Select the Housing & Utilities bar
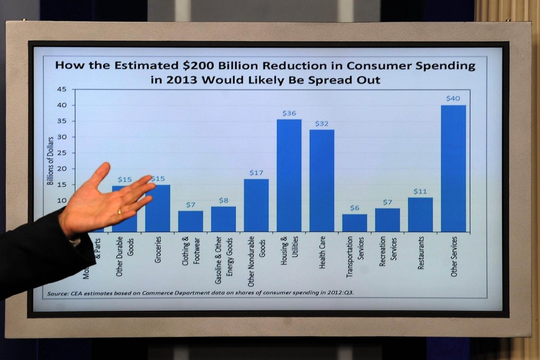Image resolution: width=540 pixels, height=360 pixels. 289,175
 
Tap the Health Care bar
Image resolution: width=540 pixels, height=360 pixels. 322,181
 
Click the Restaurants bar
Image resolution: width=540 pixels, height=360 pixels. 420,214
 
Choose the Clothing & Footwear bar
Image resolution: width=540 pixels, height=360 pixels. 191,221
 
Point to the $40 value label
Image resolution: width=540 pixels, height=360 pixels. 453,98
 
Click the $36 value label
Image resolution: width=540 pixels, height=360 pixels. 289,113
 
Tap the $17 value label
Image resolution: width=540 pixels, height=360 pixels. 256,173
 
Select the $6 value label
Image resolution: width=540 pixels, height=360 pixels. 355,208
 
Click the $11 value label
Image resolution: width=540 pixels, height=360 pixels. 420,191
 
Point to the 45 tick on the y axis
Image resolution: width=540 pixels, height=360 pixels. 62,89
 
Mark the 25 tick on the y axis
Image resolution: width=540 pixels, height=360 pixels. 62,153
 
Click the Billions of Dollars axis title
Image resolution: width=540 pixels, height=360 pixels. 51,160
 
